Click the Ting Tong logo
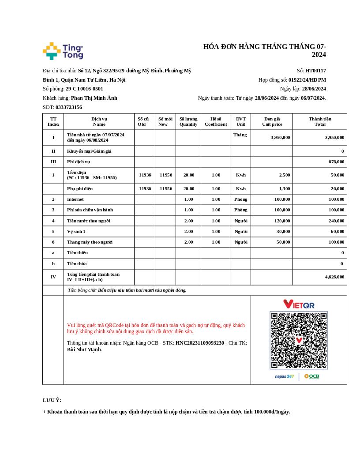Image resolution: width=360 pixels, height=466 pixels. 63,51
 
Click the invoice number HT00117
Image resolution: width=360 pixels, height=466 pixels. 315,71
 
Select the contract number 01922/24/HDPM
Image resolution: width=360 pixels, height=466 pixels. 307,80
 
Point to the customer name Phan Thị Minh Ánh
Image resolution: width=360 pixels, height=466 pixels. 94,98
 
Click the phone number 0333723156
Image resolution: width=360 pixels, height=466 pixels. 68,107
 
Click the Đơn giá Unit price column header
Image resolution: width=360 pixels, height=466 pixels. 272,121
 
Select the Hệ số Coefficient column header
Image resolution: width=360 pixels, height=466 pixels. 216,121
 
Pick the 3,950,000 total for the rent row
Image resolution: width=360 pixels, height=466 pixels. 334,137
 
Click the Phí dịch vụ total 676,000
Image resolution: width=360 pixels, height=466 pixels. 336,162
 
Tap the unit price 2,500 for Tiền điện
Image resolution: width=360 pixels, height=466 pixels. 285,175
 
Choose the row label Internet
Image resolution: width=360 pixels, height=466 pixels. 75,199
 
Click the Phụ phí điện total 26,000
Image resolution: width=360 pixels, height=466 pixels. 337,189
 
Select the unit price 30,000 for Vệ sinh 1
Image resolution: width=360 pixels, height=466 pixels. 283,231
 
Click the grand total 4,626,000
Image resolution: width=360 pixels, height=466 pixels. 334,277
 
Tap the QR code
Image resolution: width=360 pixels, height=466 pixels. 299,340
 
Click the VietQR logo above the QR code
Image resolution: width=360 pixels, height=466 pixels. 299,304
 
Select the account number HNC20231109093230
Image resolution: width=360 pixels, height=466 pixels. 200,343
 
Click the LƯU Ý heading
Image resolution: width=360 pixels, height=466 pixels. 52,400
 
